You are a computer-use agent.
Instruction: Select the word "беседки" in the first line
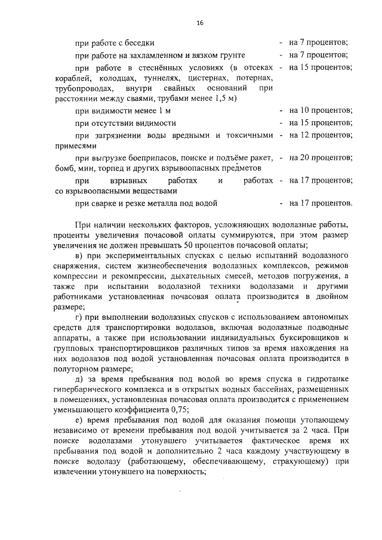(140, 43)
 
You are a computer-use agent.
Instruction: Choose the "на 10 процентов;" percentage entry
(321, 111)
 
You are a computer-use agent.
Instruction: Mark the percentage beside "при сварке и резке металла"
(321, 203)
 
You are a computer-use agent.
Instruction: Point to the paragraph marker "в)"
(78, 255)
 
